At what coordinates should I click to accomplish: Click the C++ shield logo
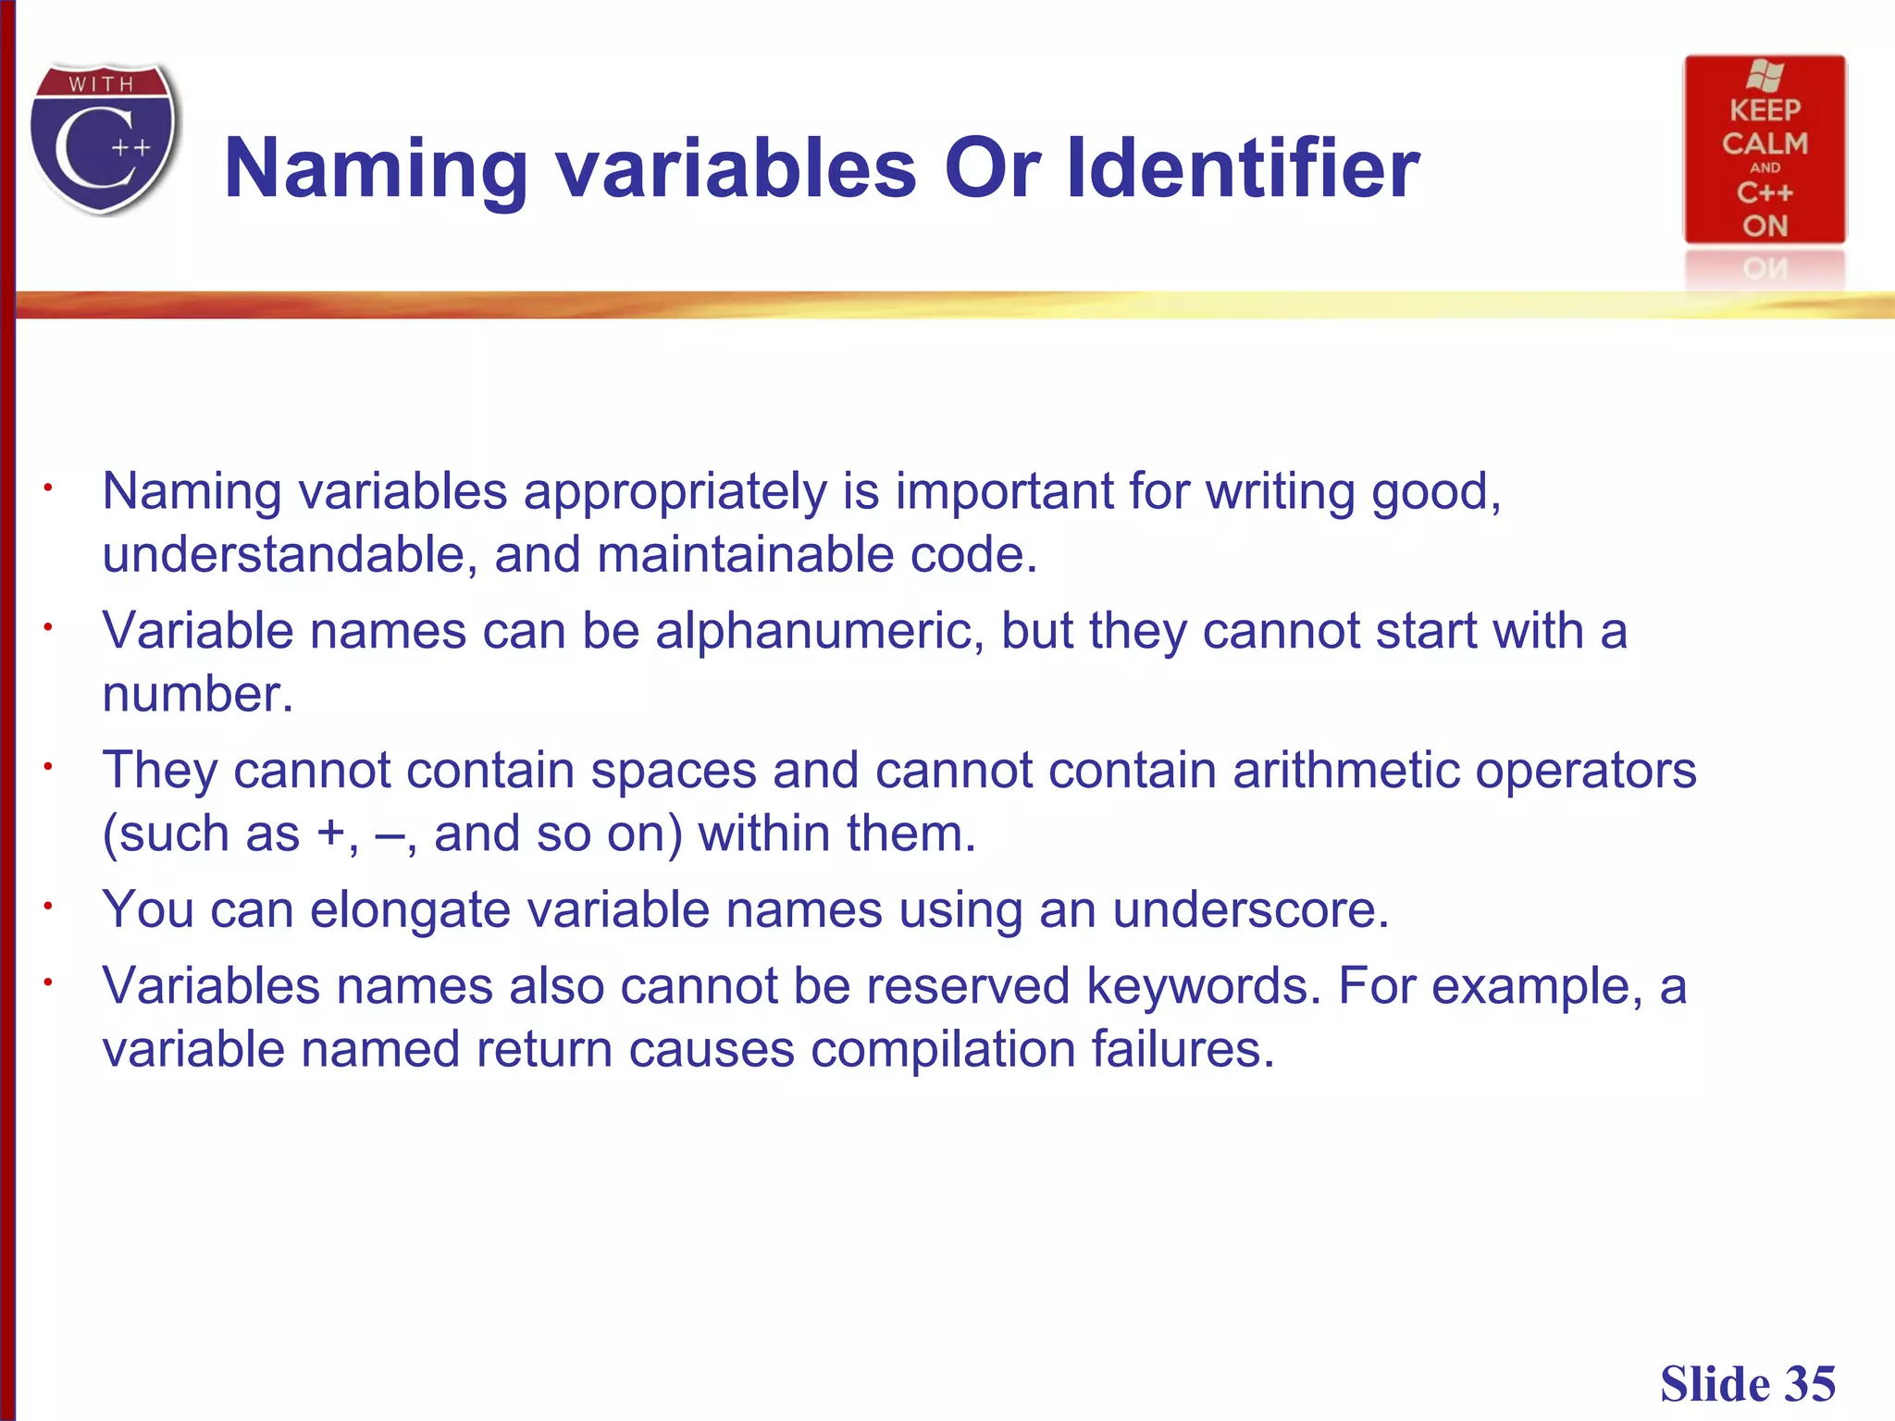point(104,139)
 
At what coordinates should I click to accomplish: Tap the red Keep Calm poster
point(1765,150)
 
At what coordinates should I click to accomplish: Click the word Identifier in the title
point(1243,168)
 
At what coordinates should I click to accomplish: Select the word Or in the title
point(992,168)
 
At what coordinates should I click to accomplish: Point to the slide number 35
point(1809,1384)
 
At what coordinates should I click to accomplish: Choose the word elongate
point(410,911)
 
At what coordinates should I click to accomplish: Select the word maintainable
point(745,555)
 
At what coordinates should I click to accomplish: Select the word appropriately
point(675,492)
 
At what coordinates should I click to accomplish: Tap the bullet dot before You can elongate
point(46,906)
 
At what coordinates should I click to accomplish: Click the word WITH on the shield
point(101,84)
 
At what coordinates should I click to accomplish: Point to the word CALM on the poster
point(1765,143)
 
